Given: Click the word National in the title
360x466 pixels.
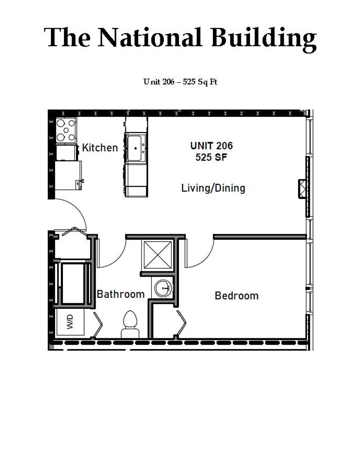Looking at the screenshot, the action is point(150,37).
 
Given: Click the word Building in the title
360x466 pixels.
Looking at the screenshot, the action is point(263,39).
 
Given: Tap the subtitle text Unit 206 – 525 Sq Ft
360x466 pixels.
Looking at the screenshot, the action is point(180,82).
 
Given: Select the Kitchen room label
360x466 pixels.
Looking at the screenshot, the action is point(100,148).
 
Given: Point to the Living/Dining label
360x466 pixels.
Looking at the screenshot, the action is point(213,189).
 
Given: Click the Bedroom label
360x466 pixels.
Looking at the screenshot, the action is point(236,296).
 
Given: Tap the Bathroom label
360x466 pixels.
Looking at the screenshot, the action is point(121,294).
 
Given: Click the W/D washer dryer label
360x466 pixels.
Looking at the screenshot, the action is point(70,322).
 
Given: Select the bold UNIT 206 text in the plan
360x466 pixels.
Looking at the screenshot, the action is point(212,146).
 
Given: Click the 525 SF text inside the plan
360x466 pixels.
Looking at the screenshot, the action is point(211,157).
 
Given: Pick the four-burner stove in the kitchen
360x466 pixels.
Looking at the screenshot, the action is point(66,130).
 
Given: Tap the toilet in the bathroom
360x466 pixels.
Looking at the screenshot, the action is point(130,324).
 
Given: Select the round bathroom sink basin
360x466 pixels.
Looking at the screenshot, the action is point(163,288).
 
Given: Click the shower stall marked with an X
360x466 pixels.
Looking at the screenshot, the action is point(158,255).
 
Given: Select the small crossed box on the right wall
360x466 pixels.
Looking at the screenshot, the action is point(303,189).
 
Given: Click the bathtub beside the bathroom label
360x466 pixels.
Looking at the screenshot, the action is point(73,283).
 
